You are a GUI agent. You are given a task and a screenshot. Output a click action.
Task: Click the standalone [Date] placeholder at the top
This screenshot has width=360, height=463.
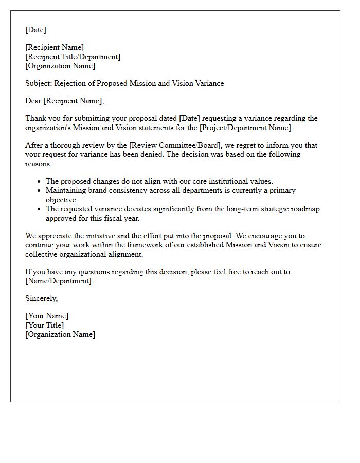pyautogui.click(x=35, y=30)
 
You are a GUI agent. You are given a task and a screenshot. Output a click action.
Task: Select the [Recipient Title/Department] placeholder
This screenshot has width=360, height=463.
pyautogui.click(x=73, y=57)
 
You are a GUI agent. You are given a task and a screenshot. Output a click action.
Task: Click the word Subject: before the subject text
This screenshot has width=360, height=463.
pyautogui.click(x=39, y=83)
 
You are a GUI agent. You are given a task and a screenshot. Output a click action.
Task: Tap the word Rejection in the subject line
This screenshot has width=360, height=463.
pyautogui.click(x=71, y=83)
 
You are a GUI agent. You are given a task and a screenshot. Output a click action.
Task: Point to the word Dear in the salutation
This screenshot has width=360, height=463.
pyautogui.click(x=33, y=101)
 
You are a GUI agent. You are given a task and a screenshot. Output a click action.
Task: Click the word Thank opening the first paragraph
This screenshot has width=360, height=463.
pyautogui.click(x=36, y=119)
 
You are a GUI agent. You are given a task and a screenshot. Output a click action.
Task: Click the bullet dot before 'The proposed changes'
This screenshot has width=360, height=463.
pyautogui.click(x=39, y=182)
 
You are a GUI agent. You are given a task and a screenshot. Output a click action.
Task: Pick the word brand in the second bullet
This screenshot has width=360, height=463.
pyautogui.click(x=96, y=190)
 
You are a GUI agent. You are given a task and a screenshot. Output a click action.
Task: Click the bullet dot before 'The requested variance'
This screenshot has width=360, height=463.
pyautogui.click(x=39, y=209)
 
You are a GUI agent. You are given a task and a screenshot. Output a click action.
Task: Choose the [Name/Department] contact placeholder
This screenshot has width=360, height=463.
pyautogui.click(x=59, y=281)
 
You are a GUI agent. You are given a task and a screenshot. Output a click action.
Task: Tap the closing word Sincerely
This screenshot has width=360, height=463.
pyautogui.click(x=41, y=298)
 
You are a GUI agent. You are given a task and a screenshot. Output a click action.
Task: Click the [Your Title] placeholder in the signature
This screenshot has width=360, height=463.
pyautogui.click(x=45, y=325)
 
